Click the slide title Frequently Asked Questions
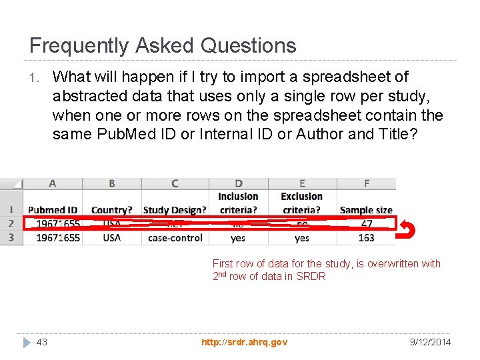(163, 45)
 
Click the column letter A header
(52, 183)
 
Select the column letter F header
(366, 183)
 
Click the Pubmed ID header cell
(53, 210)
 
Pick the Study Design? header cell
(175, 210)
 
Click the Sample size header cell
(366, 210)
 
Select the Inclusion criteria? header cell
(238, 203)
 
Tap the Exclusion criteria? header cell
(302, 203)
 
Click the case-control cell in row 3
(175, 237)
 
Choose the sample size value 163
(366, 237)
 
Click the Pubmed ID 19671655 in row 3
(58, 237)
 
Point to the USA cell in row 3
(111, 237)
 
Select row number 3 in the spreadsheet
(11, 237)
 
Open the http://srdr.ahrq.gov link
(245, 342)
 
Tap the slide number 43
(42, 342)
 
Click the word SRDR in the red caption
(311, 276)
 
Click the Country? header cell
(111, 210)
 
